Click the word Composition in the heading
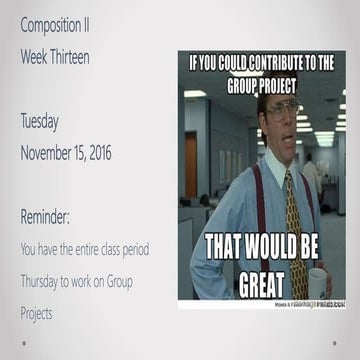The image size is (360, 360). [x=52, y=24]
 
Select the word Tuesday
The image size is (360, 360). [x=39, y=121]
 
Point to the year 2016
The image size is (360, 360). [x=97, y=153]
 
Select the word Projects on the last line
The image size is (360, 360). [x=37, y=313]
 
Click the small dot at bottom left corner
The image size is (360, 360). [x=22, y=341]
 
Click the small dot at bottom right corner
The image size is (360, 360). [x=339, y=341]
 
